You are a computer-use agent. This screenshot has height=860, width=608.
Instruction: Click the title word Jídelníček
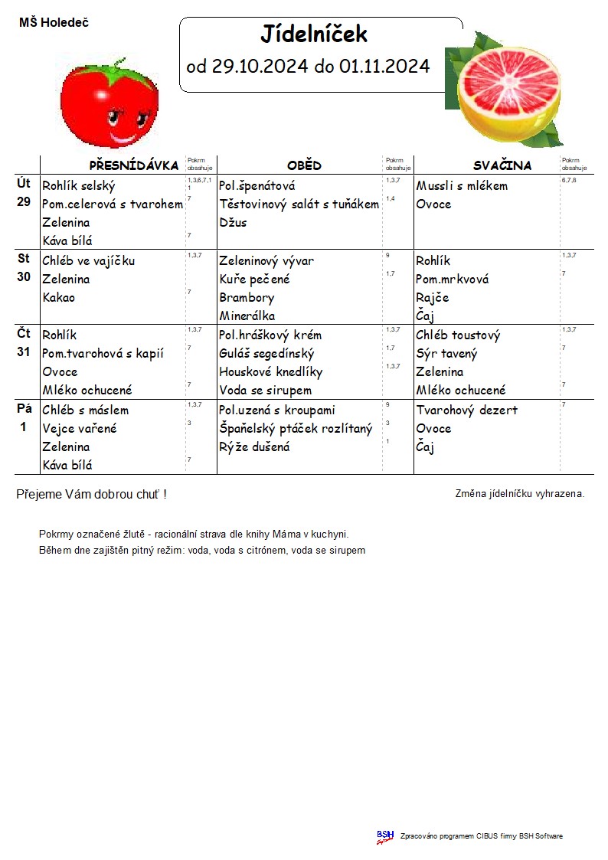pos(314,34)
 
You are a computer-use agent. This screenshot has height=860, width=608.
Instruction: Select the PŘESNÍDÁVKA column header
pos(134,165)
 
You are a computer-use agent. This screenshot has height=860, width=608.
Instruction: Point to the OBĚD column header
pos(304,165)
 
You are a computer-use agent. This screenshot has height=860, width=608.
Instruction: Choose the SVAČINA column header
pos(502,165)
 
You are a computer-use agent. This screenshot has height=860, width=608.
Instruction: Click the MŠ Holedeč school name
pos(54,23)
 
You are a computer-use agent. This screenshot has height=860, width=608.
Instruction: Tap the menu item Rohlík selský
pos(78,185)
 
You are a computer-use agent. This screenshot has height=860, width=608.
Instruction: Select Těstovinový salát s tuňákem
pos(299,204)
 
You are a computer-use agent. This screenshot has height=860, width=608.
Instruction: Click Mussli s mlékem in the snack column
pos(462,185)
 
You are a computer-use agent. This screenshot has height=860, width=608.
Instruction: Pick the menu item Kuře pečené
pos(254,279)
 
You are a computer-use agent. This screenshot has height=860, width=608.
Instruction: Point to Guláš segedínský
pos(266,353)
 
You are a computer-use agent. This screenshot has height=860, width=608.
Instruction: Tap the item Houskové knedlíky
pos(270,371)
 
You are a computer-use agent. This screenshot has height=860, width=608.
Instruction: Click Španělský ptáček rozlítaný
pos(296,428)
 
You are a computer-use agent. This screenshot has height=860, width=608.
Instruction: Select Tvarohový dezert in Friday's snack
pos(466,410)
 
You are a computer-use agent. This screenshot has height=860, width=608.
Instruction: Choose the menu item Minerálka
pos(247,316)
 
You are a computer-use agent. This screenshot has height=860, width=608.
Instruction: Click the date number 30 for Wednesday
pos(24,277)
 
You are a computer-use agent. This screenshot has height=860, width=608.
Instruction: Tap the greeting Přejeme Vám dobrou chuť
pos(91,495)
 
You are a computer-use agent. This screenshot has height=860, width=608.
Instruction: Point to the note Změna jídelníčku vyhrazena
pos(519,494)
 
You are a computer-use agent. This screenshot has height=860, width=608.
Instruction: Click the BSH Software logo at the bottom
pos(384,836)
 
